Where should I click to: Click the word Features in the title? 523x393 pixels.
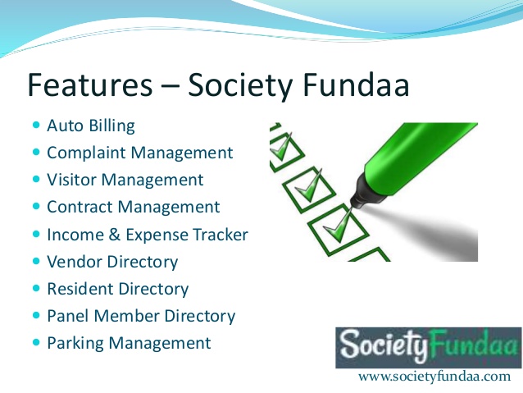tap(89, 85)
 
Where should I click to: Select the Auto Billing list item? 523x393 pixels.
tap(91, 126)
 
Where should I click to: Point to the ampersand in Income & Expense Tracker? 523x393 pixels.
tap(115, 235)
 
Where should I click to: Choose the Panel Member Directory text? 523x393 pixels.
tap(141, 316)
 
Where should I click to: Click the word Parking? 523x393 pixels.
tap(75, 344)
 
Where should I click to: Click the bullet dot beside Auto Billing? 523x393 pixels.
tap(36, 126)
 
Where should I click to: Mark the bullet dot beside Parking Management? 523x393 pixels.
tap(36, 342)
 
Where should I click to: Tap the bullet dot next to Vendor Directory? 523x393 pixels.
tap(36, 261)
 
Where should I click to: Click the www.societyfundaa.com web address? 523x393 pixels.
tap(434, 377)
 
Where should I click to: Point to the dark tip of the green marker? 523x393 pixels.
tap(353, 204)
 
